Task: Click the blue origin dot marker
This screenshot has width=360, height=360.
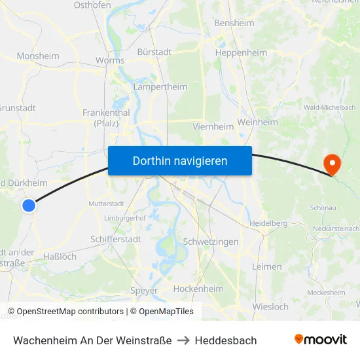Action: pyautogui.click(x=28, y=206)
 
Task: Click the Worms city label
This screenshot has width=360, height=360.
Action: pyautogui.click(x=109, y=61)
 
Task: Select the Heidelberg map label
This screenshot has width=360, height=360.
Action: pyautogui.click(x=268, y=223)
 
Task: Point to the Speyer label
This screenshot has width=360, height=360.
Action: pyautogui.click(x=144, y=291)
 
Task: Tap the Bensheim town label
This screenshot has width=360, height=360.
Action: pyautogui.click(x=234, y=23)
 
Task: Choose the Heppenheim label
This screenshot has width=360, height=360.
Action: pyautogui.click(x=241, y=52)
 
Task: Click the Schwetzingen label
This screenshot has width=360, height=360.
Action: pyautogui.click(x=211, y=242)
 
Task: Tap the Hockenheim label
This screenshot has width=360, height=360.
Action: pyautogui.click(x=198, y=289)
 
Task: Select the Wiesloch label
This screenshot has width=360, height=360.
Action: pyautogui.click(x=270, y=306)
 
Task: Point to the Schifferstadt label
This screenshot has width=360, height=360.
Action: pyautogui.click(x=116, y=240)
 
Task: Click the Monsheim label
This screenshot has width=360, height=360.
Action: pyautogui.click(x=37, y=56)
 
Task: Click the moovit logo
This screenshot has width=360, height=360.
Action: pyautogui.click(x=320, y=339)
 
